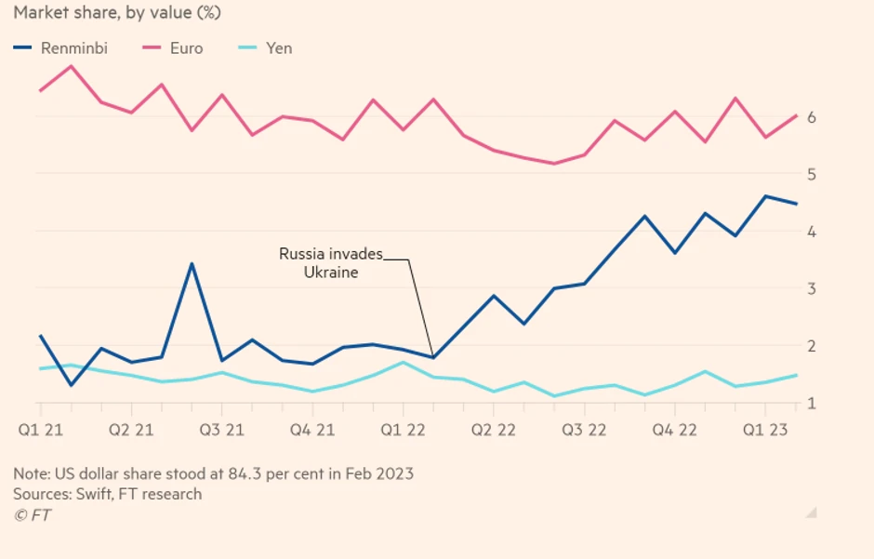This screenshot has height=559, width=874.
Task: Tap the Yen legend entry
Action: (x=279, y=47)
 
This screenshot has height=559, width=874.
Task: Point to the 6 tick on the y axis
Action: (x=811, y=117)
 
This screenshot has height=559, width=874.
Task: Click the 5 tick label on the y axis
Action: (x=811, y=175)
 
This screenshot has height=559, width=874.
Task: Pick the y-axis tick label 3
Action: (x=811, y=289)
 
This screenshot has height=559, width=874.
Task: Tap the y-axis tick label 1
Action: (x=811, y=404)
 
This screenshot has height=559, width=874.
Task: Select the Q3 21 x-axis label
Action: (x=222, y=430)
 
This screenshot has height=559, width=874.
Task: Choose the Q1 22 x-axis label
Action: (x=403, y=430)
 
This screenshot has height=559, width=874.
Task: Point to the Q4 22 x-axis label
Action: (x=674, y=430)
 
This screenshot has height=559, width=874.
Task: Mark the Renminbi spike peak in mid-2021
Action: (x=191, y=264)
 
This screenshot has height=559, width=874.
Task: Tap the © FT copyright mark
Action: (x=33, y=515)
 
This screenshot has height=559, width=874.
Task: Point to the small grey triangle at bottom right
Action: (x=811, y=512)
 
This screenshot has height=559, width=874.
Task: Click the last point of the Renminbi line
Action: (x=796, y=204)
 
